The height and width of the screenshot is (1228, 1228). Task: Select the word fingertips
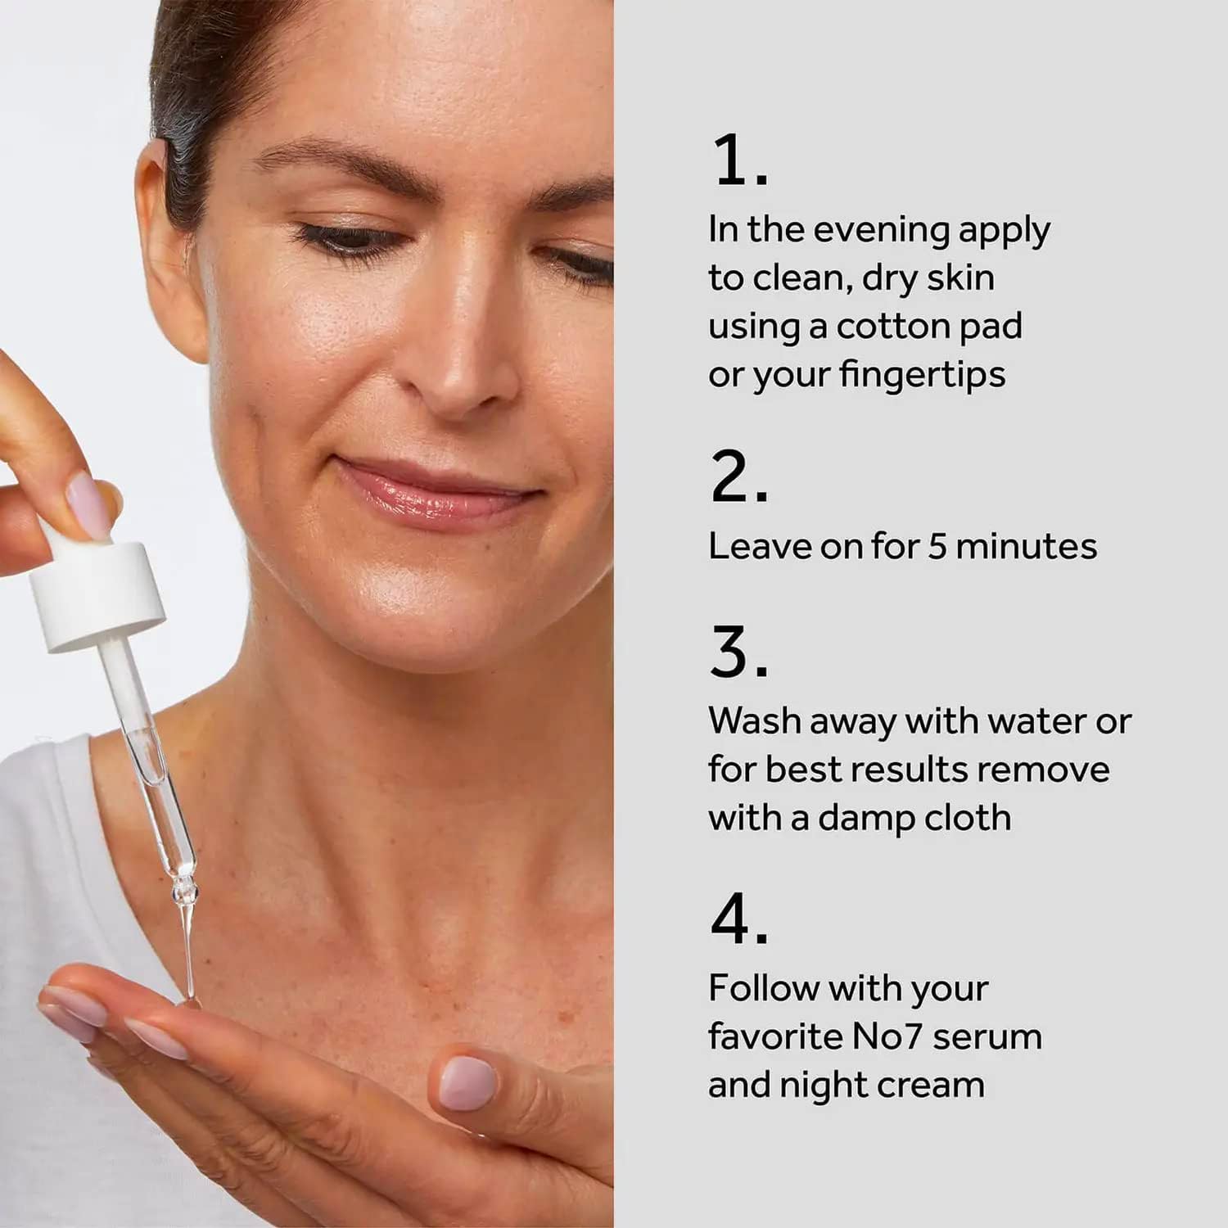click(921, 376)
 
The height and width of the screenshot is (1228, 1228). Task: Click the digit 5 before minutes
click(937, 546)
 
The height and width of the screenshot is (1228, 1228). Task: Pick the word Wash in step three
click(755, 720)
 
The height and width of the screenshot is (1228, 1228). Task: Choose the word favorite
click(775, 1036)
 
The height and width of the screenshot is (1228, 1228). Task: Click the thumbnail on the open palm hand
click(467, 1082)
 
